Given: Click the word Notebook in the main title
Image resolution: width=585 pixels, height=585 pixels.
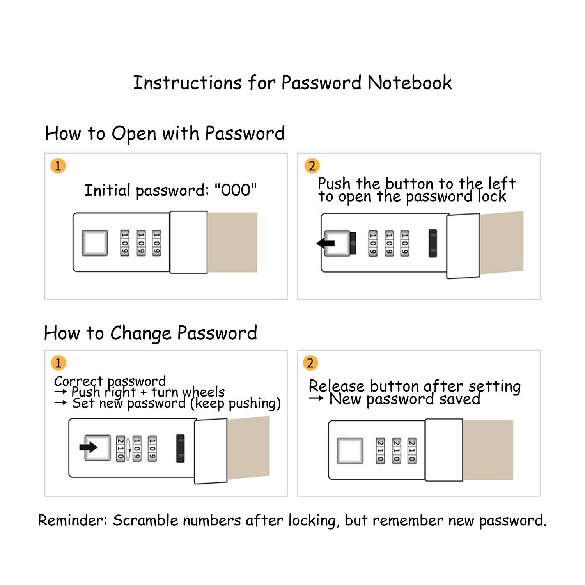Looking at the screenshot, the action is (x=409, y=83).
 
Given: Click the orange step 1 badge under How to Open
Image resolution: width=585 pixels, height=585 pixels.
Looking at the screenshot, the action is (x=58, y=166).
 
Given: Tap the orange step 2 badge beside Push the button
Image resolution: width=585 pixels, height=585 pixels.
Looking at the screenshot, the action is (x=312, y=166).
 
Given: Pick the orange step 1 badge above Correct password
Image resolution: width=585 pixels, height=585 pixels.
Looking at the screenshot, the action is (x=58, y=363).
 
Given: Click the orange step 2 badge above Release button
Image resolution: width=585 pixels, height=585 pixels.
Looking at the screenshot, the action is (x=310, y=363).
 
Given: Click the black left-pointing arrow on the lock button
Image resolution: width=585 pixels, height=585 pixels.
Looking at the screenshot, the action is (x=326, y=243).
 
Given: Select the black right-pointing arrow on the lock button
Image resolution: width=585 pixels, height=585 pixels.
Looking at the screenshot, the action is (x=89, y=447).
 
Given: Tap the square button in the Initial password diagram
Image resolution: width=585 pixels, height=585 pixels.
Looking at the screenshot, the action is (x=95, y=243).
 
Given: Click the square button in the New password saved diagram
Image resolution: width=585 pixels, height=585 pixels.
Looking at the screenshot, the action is (x=350, y=451).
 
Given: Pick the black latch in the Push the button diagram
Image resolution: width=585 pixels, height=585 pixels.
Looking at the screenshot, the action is (x=433, y=243).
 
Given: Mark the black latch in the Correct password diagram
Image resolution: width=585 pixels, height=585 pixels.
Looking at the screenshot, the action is (x=180, y=448).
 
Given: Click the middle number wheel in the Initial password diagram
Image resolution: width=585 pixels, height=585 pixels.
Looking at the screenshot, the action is (x=141, y=243).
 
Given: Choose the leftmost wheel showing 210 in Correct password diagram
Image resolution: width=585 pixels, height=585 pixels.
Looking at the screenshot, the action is (x=121, y=448).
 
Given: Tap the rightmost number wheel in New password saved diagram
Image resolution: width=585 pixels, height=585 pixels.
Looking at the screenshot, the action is (x=412, y=451).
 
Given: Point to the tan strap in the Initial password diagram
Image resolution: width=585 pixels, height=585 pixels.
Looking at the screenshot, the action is (x=232, y=242).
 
